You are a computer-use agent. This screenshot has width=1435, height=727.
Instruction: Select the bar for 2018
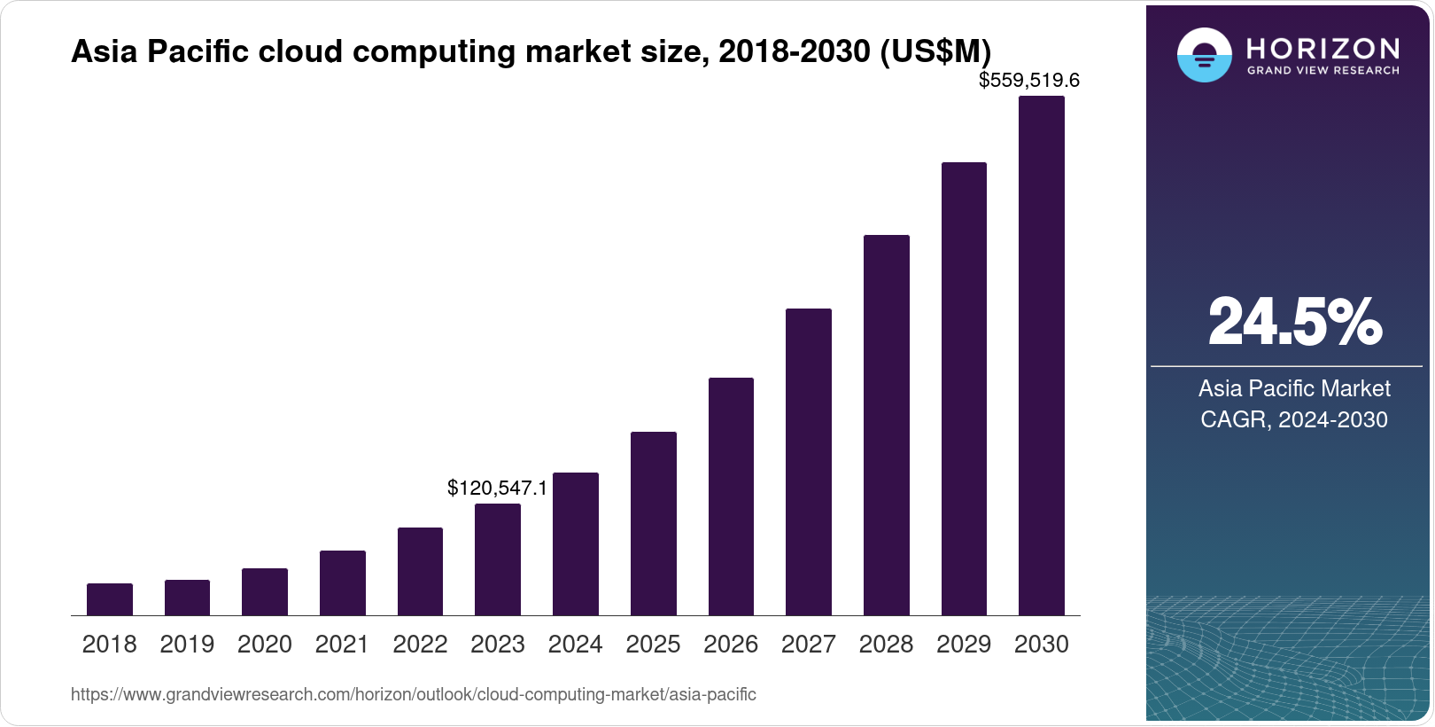(110, 599)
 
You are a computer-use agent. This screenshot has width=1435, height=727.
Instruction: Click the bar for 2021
(343, 582)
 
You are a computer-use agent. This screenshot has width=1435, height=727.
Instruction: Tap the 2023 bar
(498, 559)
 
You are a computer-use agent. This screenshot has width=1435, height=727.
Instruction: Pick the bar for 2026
(731, 496)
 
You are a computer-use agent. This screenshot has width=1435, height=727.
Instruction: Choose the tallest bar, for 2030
(1042, 356)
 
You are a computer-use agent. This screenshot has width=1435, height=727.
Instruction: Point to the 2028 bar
(887, 425)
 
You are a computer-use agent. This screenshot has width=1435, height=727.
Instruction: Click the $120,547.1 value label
(497, 488)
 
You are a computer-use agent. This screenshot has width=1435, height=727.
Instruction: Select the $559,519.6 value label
(1028, 81)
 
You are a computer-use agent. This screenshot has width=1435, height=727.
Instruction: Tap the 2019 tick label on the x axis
(187, 645)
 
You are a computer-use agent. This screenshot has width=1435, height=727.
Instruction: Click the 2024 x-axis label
(575, 645)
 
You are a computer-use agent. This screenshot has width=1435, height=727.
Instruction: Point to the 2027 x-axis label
(808, 645)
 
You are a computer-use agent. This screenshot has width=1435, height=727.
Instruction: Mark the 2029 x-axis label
(964, 645)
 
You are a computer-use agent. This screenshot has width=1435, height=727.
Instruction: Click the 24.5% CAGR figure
(1294, 322)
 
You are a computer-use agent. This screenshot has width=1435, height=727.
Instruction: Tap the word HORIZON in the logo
(1323, 48)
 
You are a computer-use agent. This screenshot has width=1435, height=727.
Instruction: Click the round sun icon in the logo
(1204, 55)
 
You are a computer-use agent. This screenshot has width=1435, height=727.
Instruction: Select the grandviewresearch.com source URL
(413, 694)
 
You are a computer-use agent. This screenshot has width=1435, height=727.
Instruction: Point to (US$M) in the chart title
(935, 51)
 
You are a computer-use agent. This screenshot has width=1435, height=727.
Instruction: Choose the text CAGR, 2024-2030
(1294, 419)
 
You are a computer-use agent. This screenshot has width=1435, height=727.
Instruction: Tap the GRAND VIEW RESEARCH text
(1323, 70)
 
